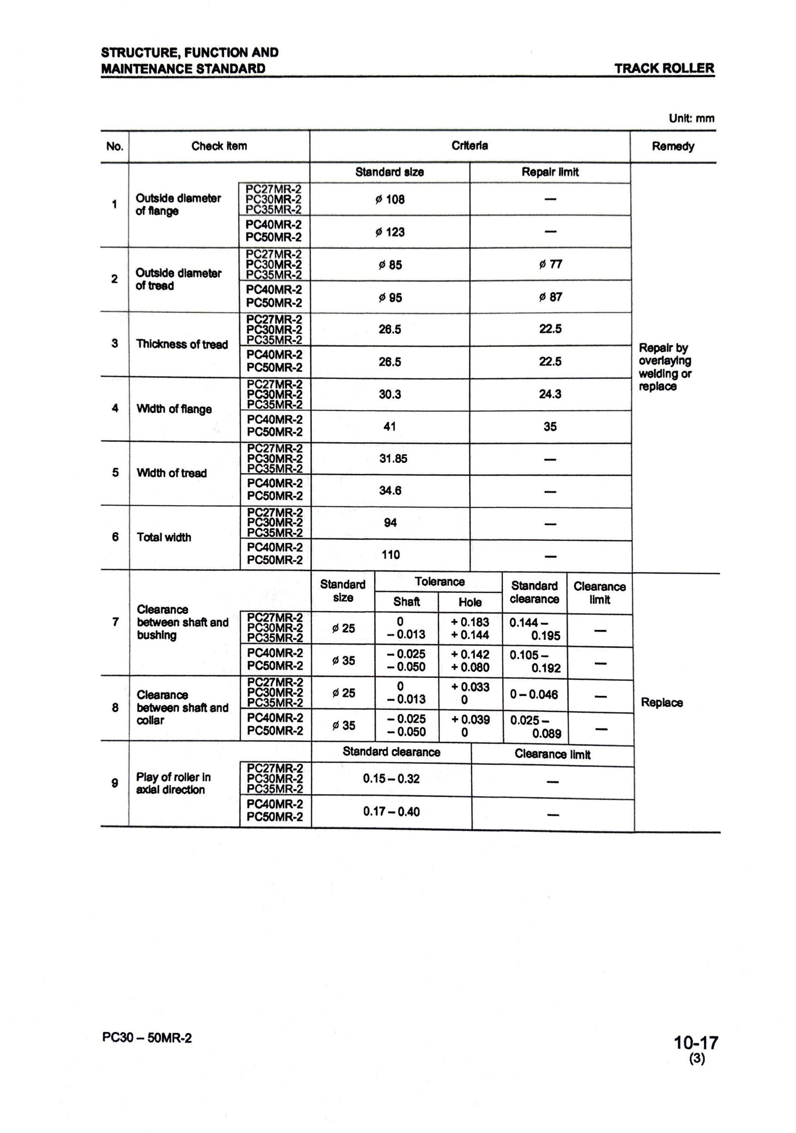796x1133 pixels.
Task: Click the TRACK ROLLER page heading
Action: [x=664, y=68]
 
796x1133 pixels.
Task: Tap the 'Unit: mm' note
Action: [x=691, y=118]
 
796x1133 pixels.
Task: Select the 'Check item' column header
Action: [x=219, y=146]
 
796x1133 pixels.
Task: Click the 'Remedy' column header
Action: [x=673, y=147]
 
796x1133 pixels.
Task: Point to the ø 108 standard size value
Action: [x=389, y=199]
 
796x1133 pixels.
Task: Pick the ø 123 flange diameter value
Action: [x=389, y=232]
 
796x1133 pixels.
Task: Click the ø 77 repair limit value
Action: [x=550, y=265]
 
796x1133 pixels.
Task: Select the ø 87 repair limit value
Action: [x=550, y=297]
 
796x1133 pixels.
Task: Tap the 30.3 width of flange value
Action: [x=389, y=394]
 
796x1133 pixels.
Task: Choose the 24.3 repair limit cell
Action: [x=550, y=394]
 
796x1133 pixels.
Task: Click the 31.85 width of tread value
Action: [x=393, y=458]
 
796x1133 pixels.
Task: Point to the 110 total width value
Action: [x=391, y=555]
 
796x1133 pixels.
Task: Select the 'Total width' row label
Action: [x=164, y=537]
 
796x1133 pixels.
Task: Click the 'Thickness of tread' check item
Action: [x=182, y=344]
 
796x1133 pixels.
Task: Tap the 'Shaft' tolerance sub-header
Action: [x=407, y=602]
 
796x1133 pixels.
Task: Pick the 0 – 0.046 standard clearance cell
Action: [x=534, y=694]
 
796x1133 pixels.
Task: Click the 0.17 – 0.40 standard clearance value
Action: [x=391, y=812]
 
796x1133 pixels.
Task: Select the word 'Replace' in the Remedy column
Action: [x=662, y=703]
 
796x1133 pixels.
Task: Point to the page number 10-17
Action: [x=696, y=1043]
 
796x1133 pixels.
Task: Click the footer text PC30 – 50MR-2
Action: [x=147, y=1038]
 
